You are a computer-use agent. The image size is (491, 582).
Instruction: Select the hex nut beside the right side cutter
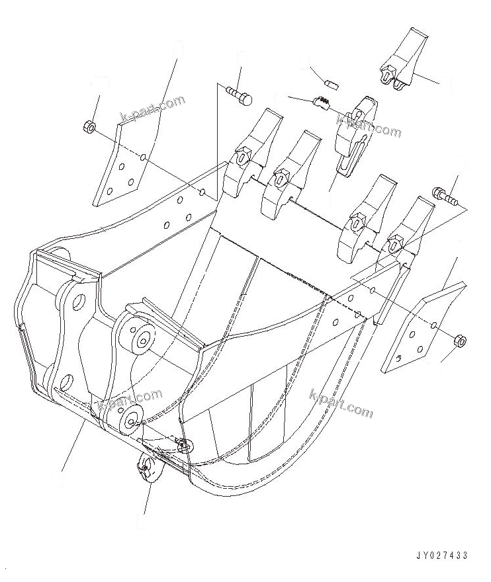tap(461, 341)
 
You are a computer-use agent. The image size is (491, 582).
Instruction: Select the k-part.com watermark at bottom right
tap(341, 403)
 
